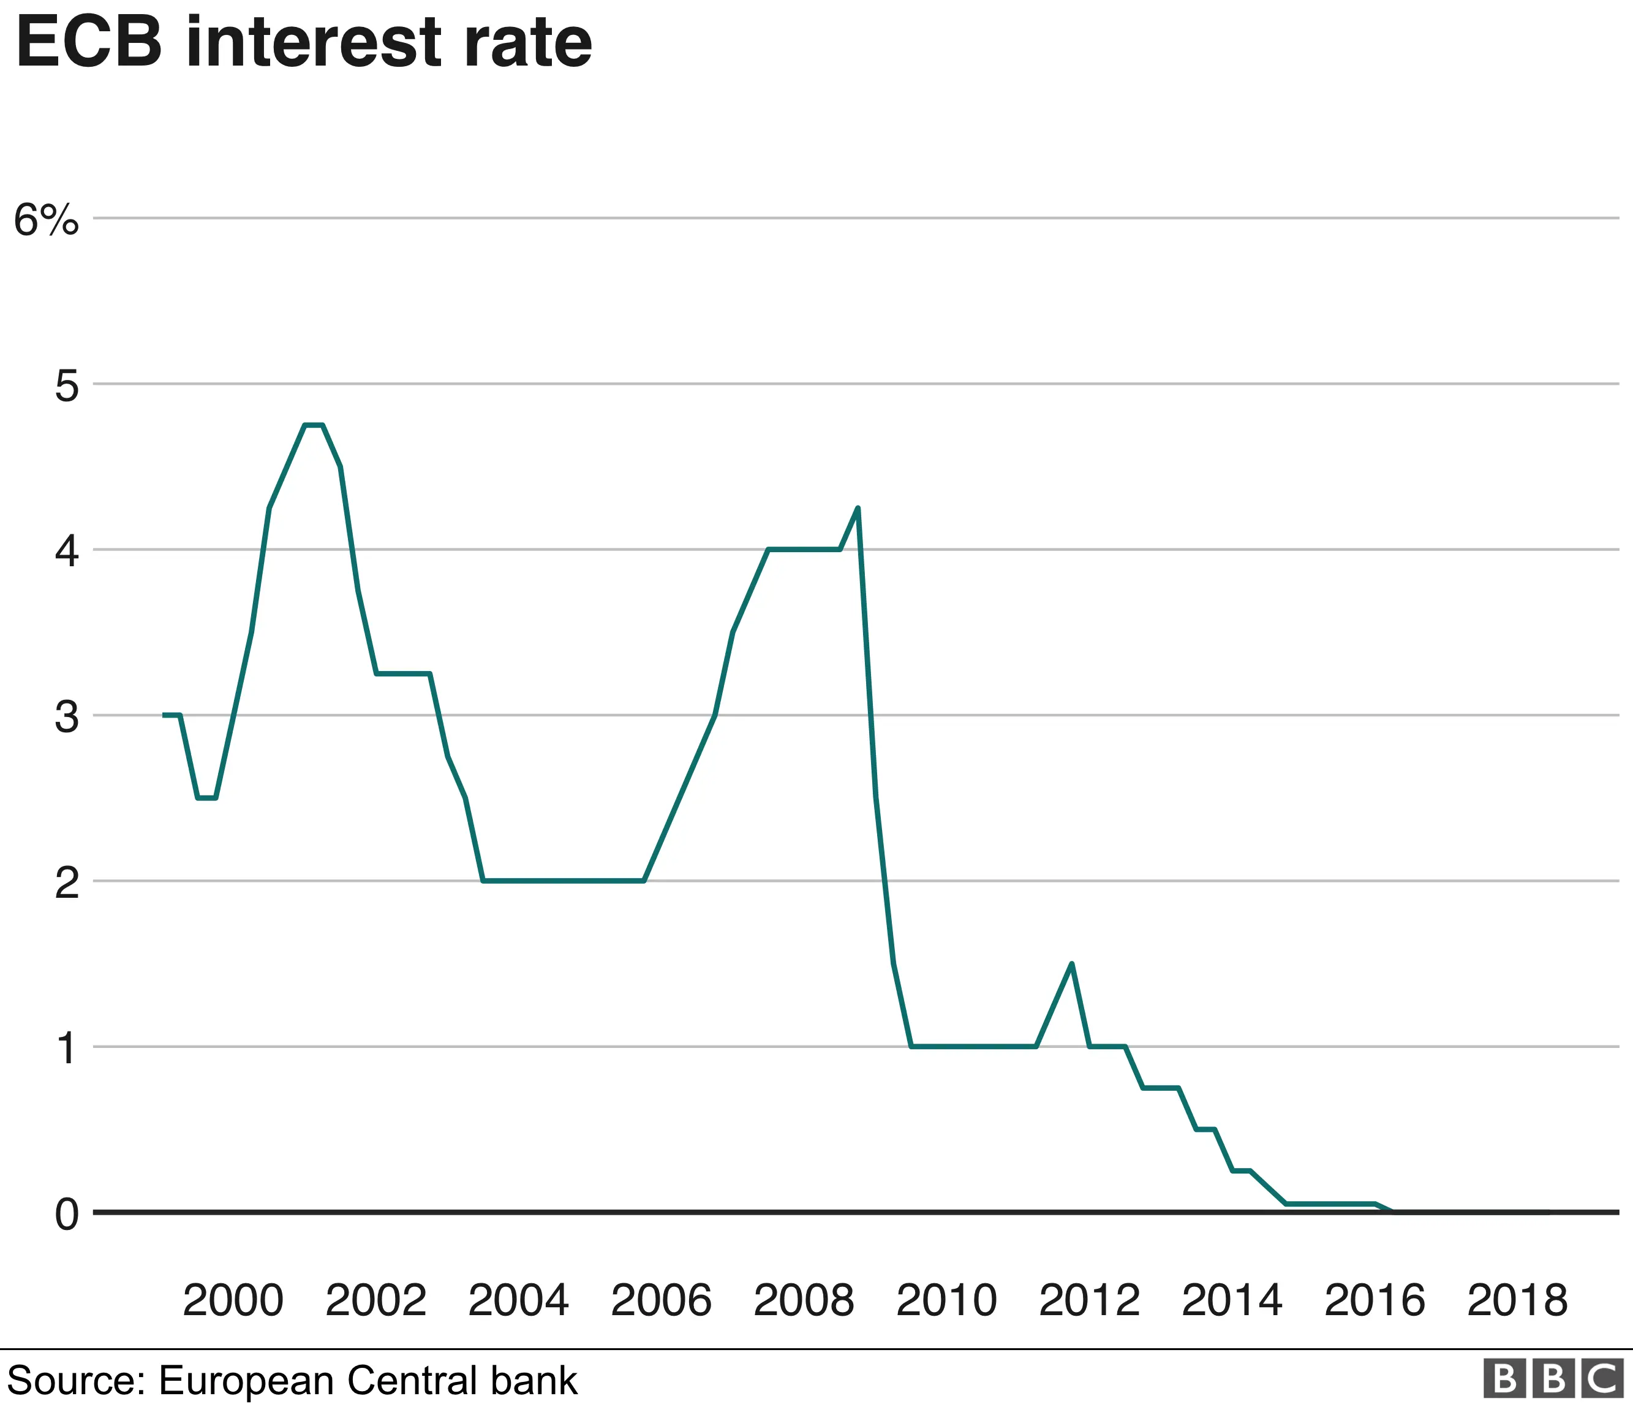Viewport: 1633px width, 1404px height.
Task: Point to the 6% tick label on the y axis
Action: point(47,220)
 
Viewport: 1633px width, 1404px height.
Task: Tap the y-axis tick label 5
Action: point(67,386)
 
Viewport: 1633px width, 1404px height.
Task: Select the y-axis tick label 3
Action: point(67,718)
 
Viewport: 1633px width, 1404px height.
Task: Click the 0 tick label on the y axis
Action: point(67,1215)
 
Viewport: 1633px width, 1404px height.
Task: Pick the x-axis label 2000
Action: point(233,1300)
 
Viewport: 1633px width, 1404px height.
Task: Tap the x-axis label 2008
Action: point(803,1300)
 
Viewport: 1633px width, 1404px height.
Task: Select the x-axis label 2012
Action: point(1089,1300)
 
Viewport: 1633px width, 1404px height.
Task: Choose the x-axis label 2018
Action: point(1517,1300)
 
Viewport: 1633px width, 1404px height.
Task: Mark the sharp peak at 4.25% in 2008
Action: point(858,509)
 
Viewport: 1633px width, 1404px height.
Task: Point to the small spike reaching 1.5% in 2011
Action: point(1072,964)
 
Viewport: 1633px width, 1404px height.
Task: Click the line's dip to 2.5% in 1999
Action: point(206,798)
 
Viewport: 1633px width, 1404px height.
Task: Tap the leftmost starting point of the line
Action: point(164,715)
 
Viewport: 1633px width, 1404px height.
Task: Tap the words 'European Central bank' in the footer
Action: point(368,1380)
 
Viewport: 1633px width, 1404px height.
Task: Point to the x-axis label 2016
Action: point(1375,1300)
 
